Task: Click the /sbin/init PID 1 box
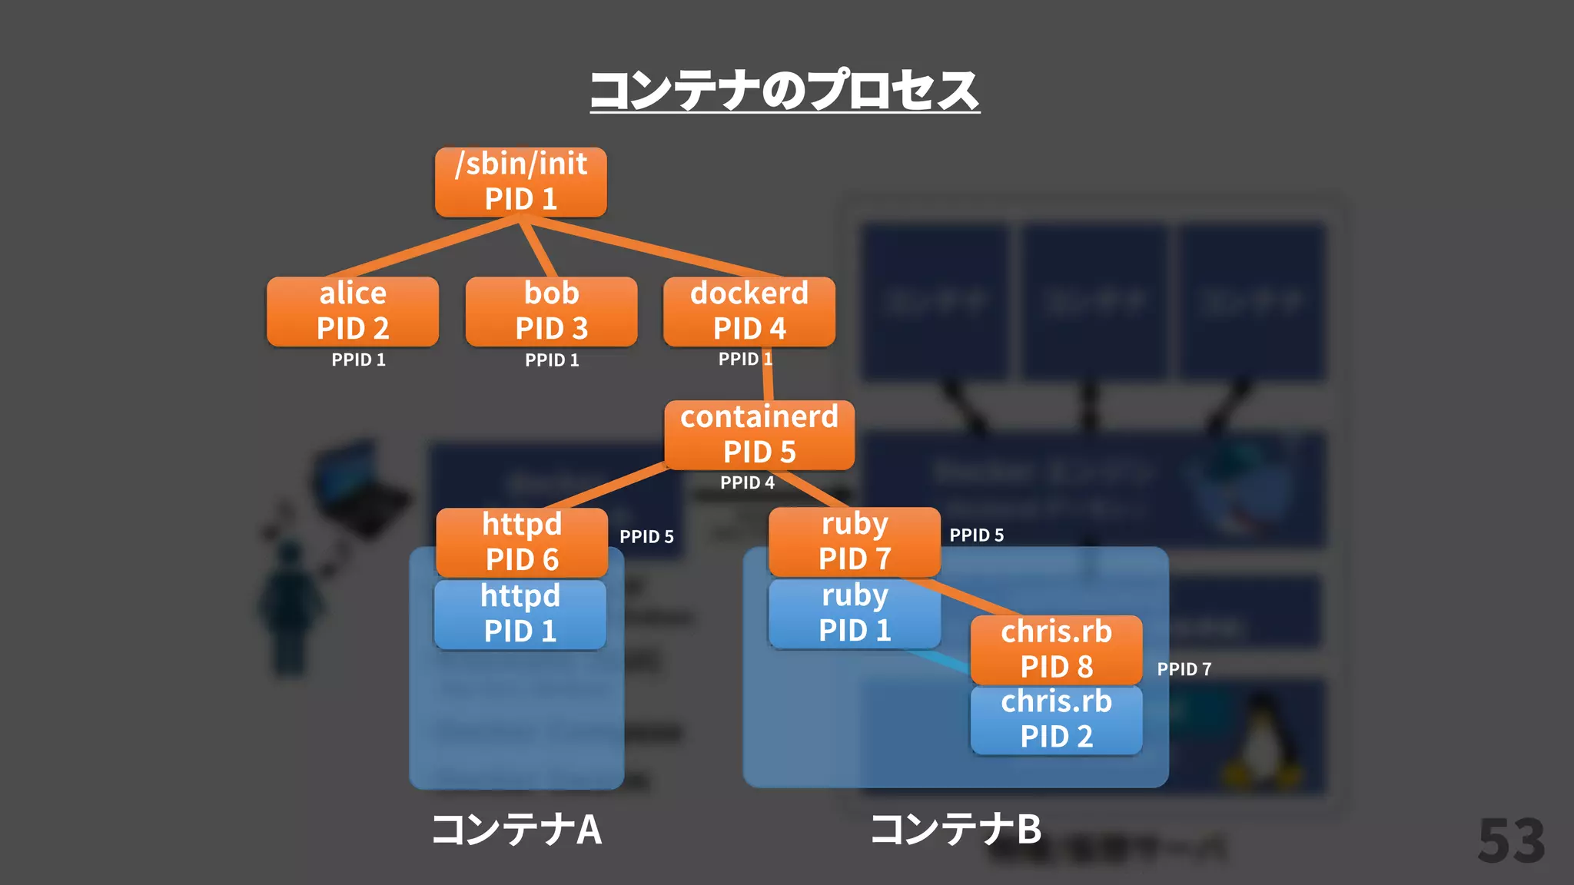[520, 182]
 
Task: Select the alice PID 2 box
[353, 311]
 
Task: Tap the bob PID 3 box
[551, 311]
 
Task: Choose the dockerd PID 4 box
[749, 311]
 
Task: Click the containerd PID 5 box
[759, 435]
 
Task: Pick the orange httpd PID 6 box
[522, 542]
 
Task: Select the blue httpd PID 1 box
[520, 615]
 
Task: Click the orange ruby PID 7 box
[855, 542]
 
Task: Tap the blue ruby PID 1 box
[855, 614]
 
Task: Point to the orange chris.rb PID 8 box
[1056, 650]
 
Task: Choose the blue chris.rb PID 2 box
[1056, 720]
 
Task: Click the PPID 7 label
[1184, 669]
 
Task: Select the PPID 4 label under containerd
[747, 482]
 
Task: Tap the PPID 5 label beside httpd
[646, 536]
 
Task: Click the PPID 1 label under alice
[358, 360]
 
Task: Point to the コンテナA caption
[516, 830]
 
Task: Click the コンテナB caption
[955, 830]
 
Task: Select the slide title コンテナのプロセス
[785, 91]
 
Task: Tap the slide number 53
[1511, 841]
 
